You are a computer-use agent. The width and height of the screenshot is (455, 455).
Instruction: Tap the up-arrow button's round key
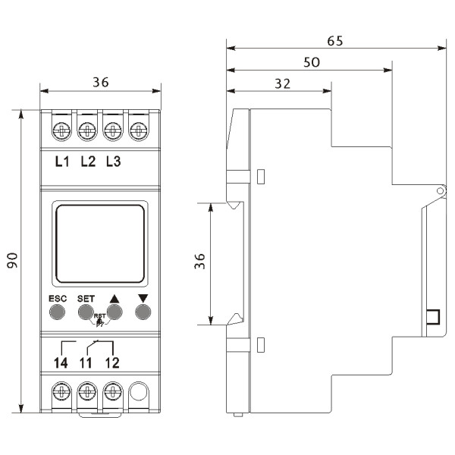115,310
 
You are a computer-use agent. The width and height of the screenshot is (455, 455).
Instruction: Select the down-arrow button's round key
141,310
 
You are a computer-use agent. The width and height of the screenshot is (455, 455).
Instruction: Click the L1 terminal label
62,161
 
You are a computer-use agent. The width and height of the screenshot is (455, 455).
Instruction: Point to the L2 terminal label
87,161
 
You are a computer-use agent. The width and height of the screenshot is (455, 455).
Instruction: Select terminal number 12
112,363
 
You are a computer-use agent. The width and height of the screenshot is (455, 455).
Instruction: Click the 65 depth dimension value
334,41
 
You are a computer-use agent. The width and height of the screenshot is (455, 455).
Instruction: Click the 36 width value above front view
99,83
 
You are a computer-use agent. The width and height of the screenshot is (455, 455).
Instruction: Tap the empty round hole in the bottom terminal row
139,392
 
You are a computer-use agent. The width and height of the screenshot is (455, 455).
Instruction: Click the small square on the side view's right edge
432,317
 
